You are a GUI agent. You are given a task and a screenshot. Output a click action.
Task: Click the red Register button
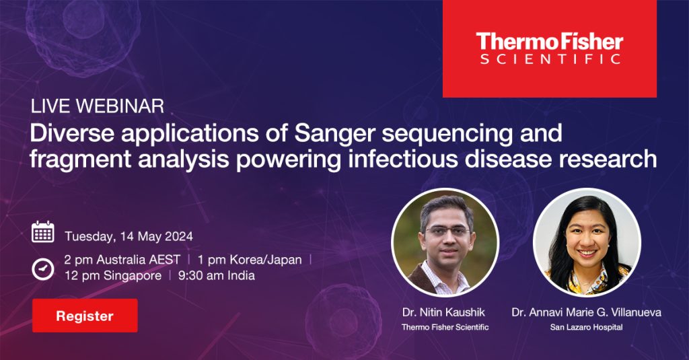(85, 316)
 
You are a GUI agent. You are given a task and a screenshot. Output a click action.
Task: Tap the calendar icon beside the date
(43, 232)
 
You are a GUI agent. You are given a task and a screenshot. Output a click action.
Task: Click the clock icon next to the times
(43, 268)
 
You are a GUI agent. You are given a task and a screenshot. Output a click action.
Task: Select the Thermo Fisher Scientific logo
(549, 48)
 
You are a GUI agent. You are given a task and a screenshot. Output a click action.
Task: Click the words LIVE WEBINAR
(97, 106)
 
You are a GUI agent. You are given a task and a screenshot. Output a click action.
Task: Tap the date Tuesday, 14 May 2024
(129, 236)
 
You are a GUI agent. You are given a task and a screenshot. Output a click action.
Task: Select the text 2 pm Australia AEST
(122, 260)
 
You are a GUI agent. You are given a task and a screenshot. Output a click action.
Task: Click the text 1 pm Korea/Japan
(250, 260)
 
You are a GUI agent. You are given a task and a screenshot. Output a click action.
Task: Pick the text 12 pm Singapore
(113, 276)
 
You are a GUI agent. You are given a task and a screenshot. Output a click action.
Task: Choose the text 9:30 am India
(216, 276)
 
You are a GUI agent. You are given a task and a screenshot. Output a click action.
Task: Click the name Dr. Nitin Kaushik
(443, 312)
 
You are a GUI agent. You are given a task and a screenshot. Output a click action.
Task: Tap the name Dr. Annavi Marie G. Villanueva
(586, 312)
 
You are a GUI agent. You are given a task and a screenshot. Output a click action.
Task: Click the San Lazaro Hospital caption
(586, 327)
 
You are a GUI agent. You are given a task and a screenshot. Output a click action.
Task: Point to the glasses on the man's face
(447, 231)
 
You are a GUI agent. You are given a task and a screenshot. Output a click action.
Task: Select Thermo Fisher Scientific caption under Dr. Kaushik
(445, 327)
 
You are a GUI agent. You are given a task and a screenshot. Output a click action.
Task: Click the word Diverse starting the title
(72, 133)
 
